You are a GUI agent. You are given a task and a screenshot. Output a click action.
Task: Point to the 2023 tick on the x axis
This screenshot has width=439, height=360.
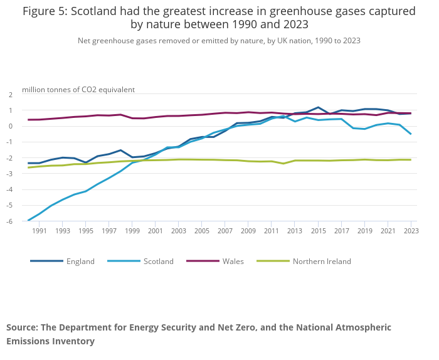click(x=410, y=231)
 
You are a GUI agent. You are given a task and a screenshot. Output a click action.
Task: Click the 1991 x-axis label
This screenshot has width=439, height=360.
click(x=40, y=231)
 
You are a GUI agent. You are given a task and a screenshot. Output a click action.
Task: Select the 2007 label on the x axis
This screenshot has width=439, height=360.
click(x=225, y=231)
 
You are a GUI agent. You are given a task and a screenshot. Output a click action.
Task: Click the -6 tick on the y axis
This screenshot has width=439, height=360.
click(x=10, y=221)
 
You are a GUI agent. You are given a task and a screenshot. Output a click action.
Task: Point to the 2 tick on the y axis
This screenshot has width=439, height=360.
click(x=10, y=95)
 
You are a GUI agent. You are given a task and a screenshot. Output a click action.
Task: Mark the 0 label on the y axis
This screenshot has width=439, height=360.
click(x=10, y=126)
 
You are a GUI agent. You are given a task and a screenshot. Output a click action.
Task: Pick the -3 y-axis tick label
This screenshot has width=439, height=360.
click(x=10, y=174)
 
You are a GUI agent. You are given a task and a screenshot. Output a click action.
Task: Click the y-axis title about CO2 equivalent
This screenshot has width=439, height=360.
click(x=78, y=90)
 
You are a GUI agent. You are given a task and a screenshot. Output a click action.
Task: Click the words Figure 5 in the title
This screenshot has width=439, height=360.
click(x=45, y=11)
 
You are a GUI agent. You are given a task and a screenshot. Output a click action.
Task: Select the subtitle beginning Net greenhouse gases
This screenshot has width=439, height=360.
click(x=219, y=41)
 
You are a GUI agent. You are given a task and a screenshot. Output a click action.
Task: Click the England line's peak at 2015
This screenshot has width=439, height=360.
click(x=318, y=107)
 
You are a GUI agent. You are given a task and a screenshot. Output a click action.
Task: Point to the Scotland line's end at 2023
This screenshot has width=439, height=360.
click(x=411, y=134)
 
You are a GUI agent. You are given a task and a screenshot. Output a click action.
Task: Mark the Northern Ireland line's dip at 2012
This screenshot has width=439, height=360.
click(x=283, y=164)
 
